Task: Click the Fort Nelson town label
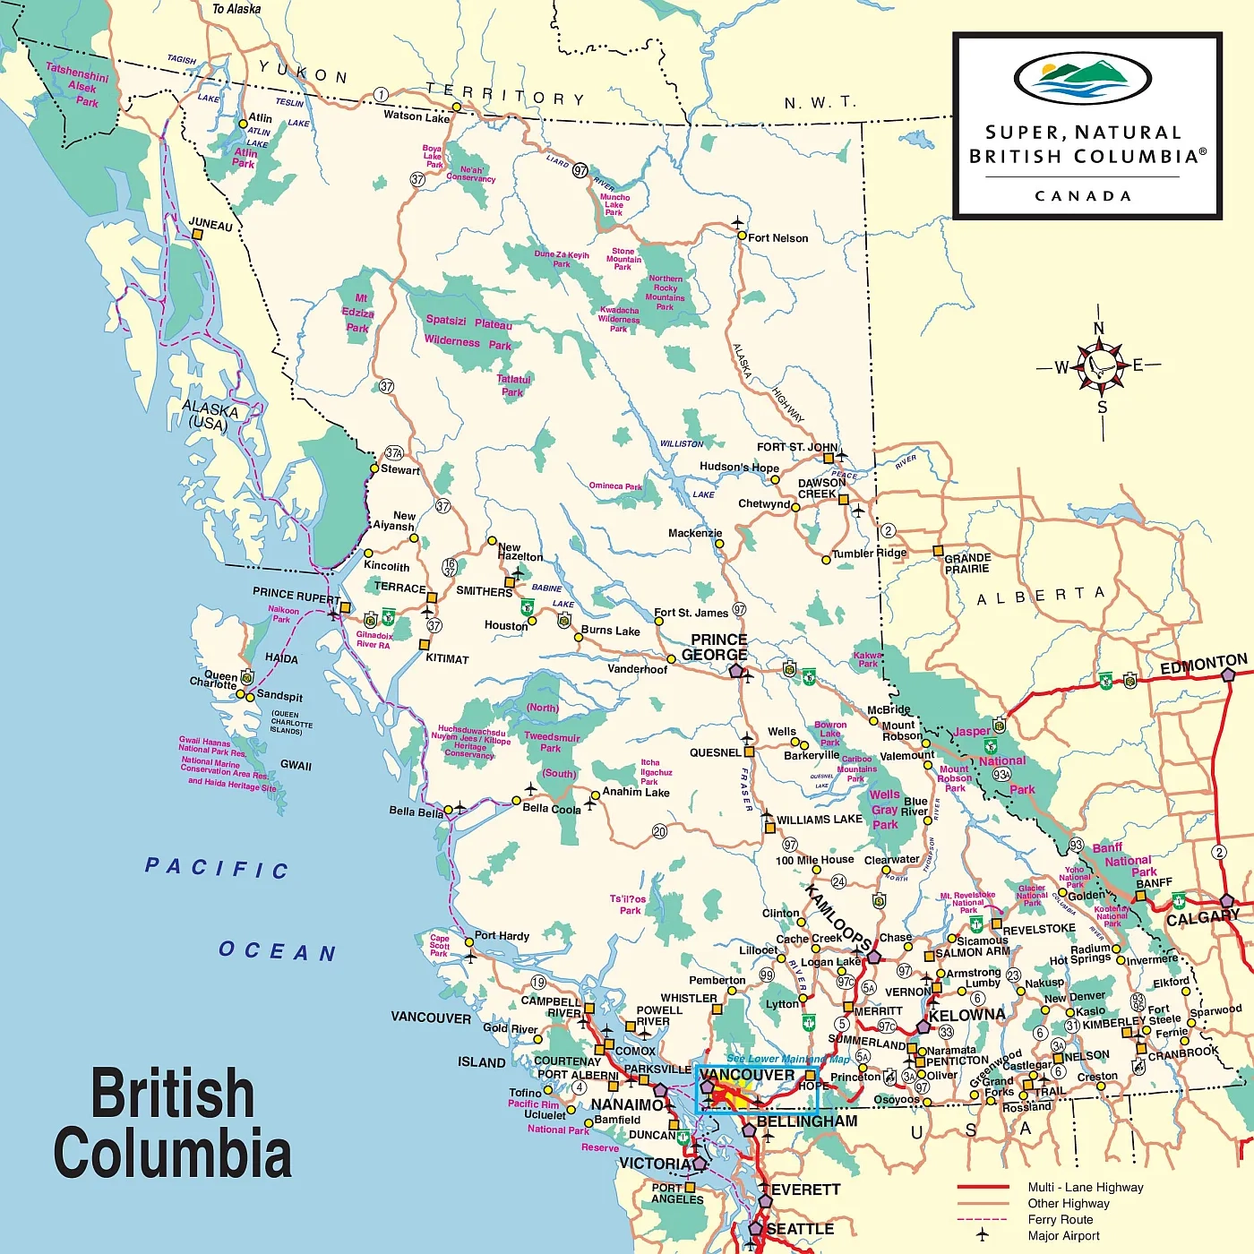[x=777, y=238]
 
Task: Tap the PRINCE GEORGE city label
[x=715, y=648]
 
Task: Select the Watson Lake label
[x=417, y=116]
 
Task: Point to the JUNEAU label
[x=210, y=224]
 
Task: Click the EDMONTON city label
[x=1203, y=665]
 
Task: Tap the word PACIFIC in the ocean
[x=217, y=867]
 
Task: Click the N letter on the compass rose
[x=1099, y=328]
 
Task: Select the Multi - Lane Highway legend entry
[x=1085, y=1188]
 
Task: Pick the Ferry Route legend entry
[x=1060, y=1220]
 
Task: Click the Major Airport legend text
[x=1063, y=1236]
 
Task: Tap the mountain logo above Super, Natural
[x=1082, y=79]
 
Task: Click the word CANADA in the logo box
[x=1083, y=196]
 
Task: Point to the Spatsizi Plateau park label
[x=468, y=332]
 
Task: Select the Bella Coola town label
[x=552, y=809]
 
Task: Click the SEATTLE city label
[x=800, y=1229]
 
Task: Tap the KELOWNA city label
[x=966, y=1016]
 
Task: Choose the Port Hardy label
[x=502, y=936]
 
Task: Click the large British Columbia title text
[x=172, y=1121]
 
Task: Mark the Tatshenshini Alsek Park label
[x=79, y=85]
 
